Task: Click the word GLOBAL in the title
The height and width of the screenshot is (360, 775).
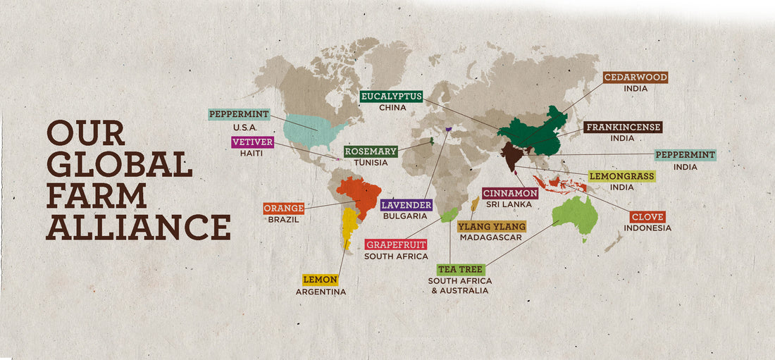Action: pos(119,163)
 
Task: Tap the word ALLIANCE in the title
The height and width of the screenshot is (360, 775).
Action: pos(138,226)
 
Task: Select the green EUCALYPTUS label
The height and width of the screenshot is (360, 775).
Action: pos(391,97)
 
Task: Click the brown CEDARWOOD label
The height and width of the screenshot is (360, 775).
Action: pos(635,77)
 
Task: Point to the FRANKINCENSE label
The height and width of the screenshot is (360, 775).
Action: pos(623,128)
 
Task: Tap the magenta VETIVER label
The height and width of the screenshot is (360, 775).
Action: pos(252,142)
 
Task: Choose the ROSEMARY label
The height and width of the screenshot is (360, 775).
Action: pos(371,151)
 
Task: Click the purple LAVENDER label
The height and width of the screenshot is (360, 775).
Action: pos(406,205)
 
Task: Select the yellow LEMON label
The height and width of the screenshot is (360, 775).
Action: pos(321,280)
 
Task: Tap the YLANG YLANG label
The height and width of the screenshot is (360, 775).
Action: pos(491,226)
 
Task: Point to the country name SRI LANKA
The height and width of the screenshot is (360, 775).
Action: pos(511,204)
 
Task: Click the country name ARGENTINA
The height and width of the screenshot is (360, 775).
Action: pos(321,292)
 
